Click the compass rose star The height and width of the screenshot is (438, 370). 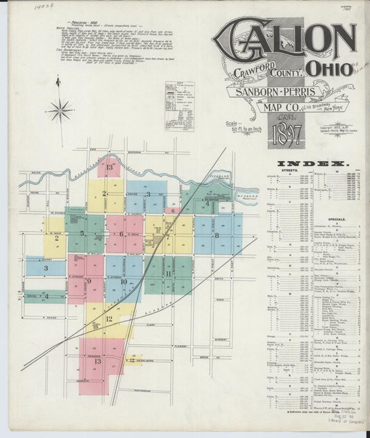pyautogui.click(x=61, y=109)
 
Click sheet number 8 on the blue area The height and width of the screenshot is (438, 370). pyautogui.click(x=217, y=235)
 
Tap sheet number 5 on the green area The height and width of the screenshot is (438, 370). pyautogui.click(x=82, y=233)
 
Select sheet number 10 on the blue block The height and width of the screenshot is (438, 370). pyautogui.click(x=123, y=281)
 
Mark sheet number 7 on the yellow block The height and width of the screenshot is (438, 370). pyautogui.click(x=167, y=237)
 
